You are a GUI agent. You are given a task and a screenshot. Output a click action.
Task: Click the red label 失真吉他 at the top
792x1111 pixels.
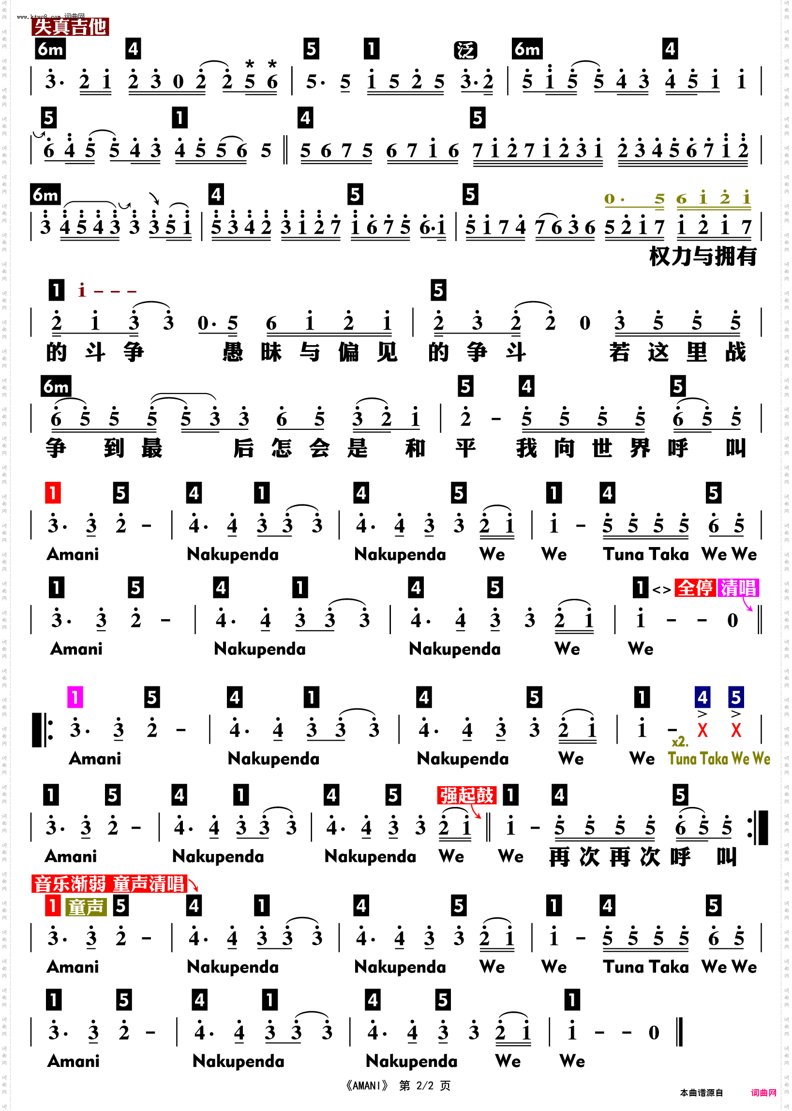click(70, 27)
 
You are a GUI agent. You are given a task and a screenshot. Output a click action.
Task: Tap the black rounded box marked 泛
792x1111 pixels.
click(465, 50)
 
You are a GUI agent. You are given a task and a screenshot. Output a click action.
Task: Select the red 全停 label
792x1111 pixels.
click(695, 588)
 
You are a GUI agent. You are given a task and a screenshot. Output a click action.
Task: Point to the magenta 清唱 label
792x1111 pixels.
click(738, 588)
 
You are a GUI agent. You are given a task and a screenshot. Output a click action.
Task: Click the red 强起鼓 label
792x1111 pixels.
click(467, 795)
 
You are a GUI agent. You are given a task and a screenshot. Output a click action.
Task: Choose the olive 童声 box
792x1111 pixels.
click(86, 907)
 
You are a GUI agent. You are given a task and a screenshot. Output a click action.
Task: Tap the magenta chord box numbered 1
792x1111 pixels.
click(75, 698)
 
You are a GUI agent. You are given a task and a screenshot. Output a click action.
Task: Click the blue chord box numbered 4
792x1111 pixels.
click(702, 698)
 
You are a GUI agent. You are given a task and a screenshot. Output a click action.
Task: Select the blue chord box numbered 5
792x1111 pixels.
click(736, 698)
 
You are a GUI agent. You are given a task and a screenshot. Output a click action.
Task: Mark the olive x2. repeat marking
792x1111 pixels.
click(680, 742)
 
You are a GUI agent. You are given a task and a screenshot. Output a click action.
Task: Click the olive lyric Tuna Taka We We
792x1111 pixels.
click(719, 759)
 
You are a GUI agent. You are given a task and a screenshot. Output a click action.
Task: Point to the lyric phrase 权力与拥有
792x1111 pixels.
click(703, 257)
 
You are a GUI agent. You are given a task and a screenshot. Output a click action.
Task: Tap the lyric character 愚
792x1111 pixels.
click(233, 352)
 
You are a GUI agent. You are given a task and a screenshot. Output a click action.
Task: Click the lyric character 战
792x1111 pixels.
click(735, 352)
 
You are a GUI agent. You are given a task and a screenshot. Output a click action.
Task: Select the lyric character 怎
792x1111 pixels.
click(282, 448)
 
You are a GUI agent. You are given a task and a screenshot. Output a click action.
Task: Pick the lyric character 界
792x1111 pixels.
click(640, 448)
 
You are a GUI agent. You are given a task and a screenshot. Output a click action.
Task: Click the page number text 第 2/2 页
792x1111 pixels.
click(425, 1086)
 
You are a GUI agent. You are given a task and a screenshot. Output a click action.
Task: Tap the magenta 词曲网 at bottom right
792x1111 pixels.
click(763, 1093)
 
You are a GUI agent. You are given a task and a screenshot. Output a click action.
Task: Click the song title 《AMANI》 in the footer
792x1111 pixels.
click(367, 1086)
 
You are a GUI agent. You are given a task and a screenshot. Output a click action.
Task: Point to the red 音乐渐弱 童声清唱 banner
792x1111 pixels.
click(110, 884)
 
